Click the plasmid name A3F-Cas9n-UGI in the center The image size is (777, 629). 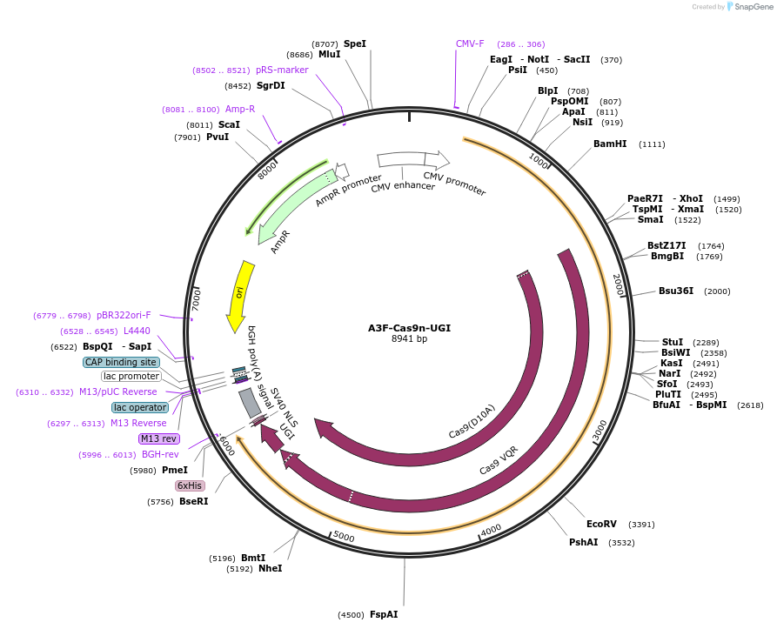click(409, 328)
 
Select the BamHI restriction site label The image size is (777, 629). click(610, 144)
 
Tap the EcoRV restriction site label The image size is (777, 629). click(601, 524)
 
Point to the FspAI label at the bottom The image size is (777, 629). click(384, 614)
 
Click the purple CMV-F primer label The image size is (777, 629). click(470, 43)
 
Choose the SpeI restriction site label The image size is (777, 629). click(355, 43)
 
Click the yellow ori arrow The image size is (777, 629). click(238, 296)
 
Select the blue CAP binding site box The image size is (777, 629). click(122, 362)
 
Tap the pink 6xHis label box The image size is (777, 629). click(190, 485)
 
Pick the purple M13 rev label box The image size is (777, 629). click(158, 438)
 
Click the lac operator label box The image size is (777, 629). click(140, 407)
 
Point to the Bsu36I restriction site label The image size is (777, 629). click(676, 291)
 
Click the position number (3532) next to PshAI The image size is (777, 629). click(621, 542)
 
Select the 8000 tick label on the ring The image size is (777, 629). click(268, 169)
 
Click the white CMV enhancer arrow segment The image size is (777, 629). click(400, 159)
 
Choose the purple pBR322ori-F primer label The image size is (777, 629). click(124, 315)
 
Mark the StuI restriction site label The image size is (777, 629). click(672, 342)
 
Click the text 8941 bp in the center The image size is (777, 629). click(409, 339)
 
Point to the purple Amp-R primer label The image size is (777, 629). click(240, 109)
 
